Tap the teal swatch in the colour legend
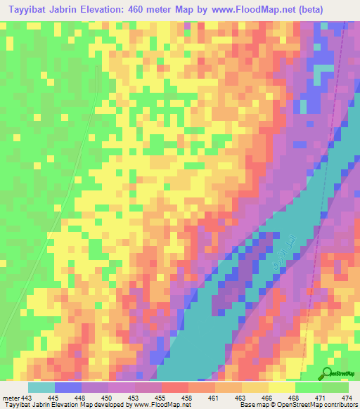(41, 387)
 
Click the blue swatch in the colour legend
(68, 387)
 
